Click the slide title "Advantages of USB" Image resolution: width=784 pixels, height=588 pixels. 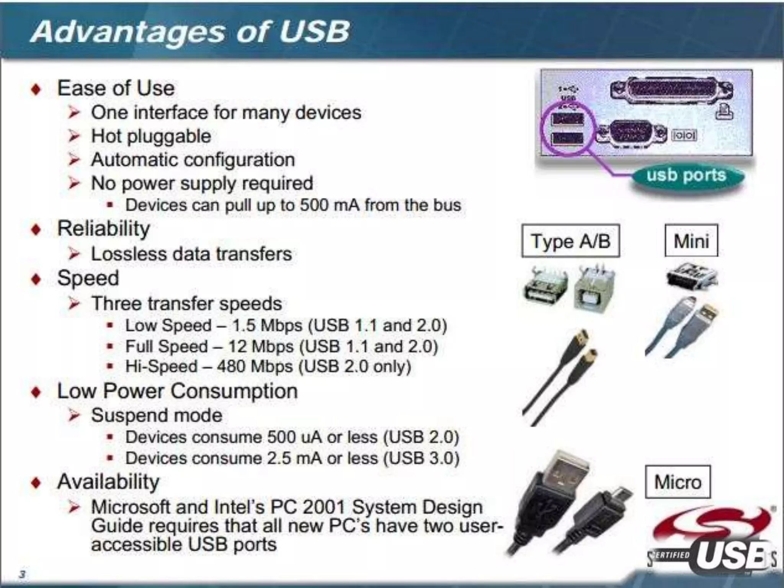(190, 31)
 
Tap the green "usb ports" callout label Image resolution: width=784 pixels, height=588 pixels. (686, 176)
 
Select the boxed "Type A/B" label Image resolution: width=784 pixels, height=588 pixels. (570, 241)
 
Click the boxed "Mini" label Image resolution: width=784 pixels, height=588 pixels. (691, 241)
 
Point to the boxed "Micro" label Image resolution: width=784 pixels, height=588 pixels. (678, 482)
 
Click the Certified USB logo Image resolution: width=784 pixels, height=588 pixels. (712, 544)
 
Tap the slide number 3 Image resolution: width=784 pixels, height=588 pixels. (23, 574)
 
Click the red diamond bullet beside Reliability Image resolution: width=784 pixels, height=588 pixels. (36, 230)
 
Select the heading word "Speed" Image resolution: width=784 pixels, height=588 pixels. (88, 278)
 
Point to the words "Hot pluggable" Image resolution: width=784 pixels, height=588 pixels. (151, 136)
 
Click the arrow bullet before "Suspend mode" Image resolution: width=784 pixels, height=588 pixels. (74, 416)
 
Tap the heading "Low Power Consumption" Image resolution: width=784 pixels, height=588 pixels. (177, 391)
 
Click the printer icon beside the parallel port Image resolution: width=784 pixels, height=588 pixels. (724, 111)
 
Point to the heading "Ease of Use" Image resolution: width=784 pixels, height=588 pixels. (116, 88)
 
